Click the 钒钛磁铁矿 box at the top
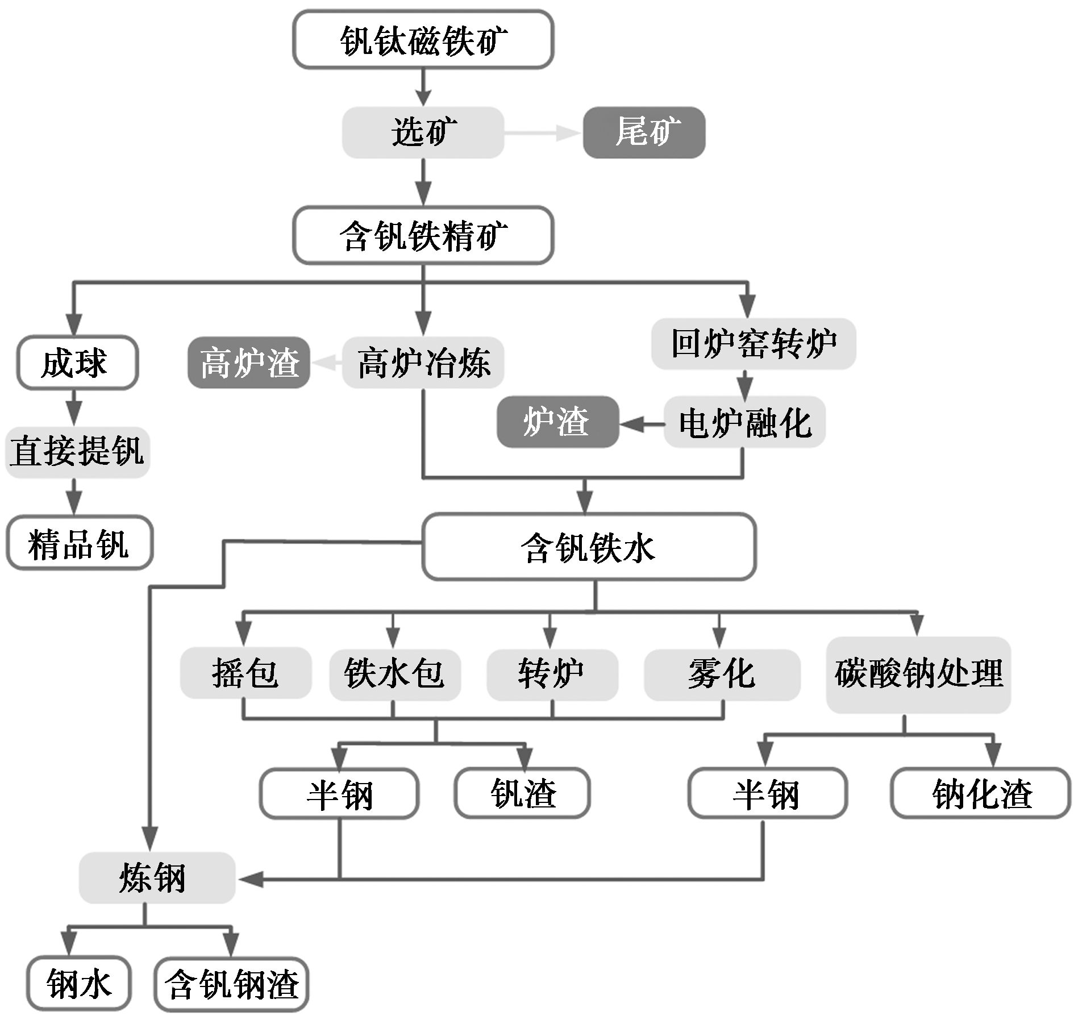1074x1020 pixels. (423, 40)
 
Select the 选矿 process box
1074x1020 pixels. (423, 132)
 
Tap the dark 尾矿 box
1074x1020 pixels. (644, 132)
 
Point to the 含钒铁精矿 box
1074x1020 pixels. (423, 235)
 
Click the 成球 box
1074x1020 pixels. (77, 363)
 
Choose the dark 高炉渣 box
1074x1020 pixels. (249, 363)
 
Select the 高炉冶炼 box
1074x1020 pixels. (423, 363)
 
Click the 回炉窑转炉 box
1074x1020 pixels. (753, 344)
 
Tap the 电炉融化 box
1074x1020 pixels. (744, 422)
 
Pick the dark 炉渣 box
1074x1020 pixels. (557, 422)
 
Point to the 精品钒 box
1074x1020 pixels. (80, 543)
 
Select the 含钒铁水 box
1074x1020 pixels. (589, 547)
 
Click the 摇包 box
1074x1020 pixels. (245, 673)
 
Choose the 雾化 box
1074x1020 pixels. (722, 673)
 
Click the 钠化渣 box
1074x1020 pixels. (981, 793)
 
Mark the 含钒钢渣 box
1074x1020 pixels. (231, 984)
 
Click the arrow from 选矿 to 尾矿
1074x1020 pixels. (543, 133)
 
